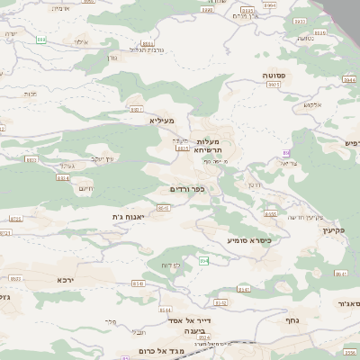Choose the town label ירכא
[x=65, y=280]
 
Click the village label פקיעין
[x=334, y=230]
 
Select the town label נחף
[x=292, y=319]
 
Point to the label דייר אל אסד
[x=189, y=320]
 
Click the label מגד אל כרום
[x=162, y=350]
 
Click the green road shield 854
[x=204, y=261]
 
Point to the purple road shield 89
[x=286, y=153]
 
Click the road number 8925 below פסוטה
[x=274, y=84]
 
